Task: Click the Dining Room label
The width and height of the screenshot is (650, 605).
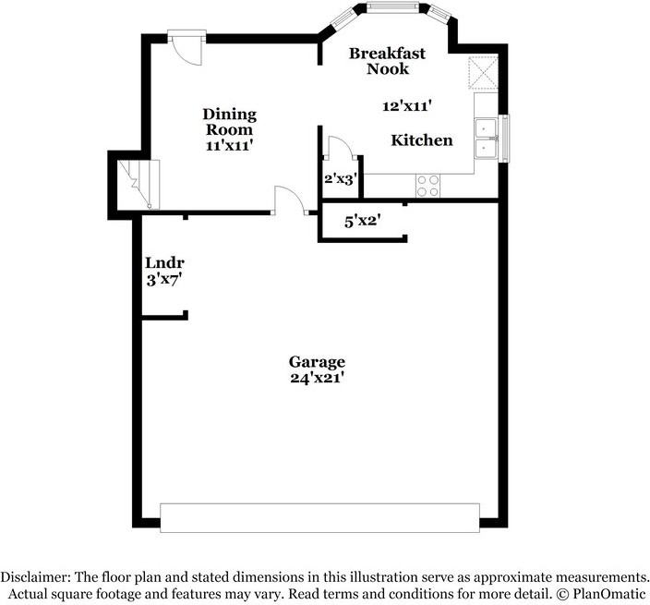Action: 230,122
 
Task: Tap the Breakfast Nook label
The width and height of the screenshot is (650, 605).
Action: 386,61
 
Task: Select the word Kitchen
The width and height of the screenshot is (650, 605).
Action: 421,140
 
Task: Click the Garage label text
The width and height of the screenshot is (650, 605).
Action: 317,361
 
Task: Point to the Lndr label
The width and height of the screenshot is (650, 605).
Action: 159,262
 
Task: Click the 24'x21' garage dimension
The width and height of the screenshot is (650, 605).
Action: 317,377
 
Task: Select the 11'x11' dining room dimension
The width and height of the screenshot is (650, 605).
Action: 230,145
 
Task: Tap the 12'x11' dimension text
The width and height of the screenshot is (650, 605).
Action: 408,106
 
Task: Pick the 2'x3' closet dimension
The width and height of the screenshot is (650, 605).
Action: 340,179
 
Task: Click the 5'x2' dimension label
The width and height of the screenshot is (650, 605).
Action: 363,221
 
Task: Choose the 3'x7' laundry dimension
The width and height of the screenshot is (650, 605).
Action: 163,280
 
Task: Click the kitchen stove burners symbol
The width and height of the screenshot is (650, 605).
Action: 427,186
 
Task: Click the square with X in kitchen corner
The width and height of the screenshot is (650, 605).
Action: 482,72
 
